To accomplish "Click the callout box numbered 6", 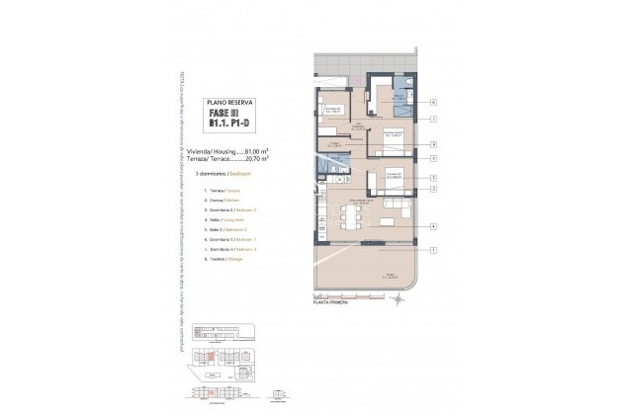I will pyautogui.click(x=434, y=102).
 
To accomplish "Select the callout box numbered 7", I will pyautogui.click(x=434, y=119).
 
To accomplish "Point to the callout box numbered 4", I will pyautogui.click(x=434, y=226).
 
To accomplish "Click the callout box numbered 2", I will pyautogui.click(x=434, y=188).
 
